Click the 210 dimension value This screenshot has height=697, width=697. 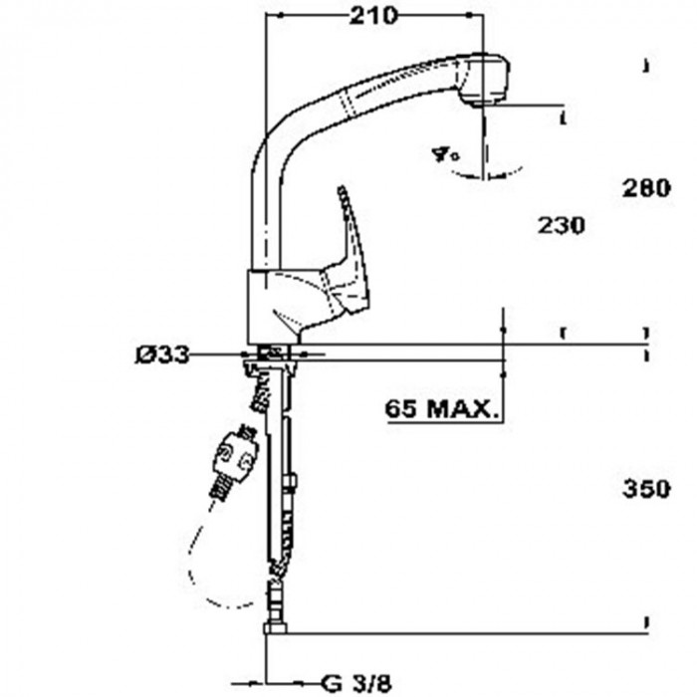coord(373,15)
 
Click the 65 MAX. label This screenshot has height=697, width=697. coord(442,408)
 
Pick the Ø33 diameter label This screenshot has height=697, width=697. coord(162,354)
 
